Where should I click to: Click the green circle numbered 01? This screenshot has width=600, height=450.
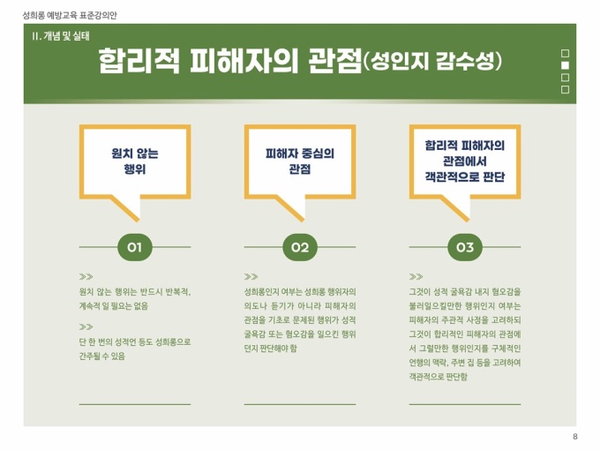point(135,247)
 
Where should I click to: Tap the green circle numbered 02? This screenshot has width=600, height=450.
point(300,247)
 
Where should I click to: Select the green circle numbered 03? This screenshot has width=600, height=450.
point(465,247)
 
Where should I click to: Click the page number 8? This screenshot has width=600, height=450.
point(575,437)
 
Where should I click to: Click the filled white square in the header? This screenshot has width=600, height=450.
point(565,65)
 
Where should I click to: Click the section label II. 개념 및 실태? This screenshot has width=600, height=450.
point(61,36)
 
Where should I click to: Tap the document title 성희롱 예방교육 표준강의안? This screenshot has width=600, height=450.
point(70,15)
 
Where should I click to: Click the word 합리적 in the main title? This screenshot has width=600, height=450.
point(139,61)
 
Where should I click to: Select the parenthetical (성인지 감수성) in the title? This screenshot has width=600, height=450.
point(431,61)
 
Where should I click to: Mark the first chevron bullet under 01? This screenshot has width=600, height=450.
point(86,277)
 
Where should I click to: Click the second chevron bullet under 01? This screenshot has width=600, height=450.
point(86,326)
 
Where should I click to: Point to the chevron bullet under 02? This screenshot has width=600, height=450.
point(251,277)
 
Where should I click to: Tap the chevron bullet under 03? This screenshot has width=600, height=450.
point(416,277)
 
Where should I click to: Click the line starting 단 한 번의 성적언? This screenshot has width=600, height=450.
point(135,341)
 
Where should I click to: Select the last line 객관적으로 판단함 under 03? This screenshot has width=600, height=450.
point(439,377)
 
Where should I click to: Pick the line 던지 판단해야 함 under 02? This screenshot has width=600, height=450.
point(271,349)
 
